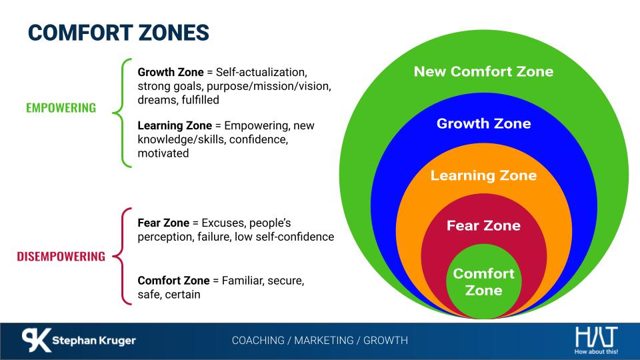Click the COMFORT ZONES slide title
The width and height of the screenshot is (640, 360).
click(x=119, y=33)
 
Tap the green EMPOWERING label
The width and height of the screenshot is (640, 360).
click(x=61, y=108)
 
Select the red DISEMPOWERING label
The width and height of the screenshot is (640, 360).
click(x=61, y=256)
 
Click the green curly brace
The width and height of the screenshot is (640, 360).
click(x=121, y=113)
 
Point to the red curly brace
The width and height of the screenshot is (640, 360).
click(x=121, y=256)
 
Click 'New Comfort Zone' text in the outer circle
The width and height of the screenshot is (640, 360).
click(x=484, y=71)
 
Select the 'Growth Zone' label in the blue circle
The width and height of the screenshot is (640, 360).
click(x=484, y=123)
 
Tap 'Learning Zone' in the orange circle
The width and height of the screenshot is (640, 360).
click(x=484, y=175)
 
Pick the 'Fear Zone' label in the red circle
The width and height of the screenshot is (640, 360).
click(x=484, y=225)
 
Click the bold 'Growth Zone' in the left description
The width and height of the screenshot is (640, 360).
click(x=171, y=72)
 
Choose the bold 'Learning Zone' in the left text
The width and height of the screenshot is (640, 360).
click(x=175, y=125)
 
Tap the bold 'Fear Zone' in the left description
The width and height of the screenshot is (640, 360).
click(x=163, y=223)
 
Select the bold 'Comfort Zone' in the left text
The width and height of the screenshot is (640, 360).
click(x=173, y=281)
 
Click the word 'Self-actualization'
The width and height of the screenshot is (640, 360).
click(x=261, y=72)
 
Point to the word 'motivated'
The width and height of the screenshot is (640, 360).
click(x=163, y=153)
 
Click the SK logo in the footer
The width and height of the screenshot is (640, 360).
click(x=36, y=340)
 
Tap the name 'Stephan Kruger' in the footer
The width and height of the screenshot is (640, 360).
click(x=94, y=341)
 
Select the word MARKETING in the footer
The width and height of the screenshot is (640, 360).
click(x=325, y=341)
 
